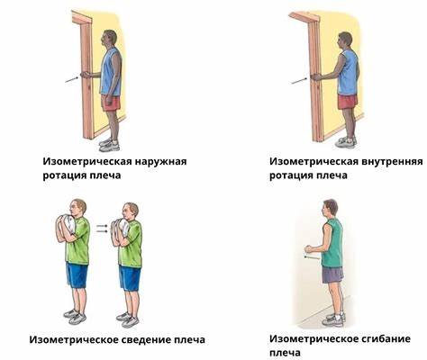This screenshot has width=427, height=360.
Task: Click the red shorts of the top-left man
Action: [111, 102]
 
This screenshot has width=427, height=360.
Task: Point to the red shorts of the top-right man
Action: [347, 100]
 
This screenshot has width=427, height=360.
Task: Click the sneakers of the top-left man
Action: [109, 144]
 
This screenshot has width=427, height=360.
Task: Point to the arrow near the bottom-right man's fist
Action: [312, 258]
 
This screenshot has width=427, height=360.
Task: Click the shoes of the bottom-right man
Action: [333, 319]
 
